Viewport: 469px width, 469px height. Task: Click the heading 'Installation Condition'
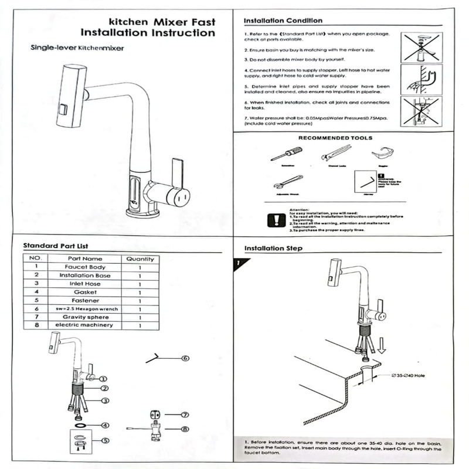[x=283, y=21]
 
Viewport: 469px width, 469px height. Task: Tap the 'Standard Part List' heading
[x=55, y=246]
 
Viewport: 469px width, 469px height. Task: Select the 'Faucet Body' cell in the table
[x=84, y=267]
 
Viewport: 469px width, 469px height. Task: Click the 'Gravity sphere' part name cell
[x=84, y=317]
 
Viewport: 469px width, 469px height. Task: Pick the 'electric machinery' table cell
[x=84, y=325]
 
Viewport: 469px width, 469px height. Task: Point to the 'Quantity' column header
[x=140, y=259]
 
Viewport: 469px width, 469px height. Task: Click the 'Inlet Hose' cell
[x=84, y=283]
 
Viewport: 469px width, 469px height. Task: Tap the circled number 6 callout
[x=185, y=358]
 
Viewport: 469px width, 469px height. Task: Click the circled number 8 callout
[x=185, y=429]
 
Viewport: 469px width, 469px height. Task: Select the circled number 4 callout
[x=104, y=425]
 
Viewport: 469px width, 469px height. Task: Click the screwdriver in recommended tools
[x=286, y=154]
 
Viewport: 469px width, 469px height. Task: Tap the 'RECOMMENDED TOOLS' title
[x=335, y=138]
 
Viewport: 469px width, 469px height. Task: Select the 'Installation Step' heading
[x=273, y=248]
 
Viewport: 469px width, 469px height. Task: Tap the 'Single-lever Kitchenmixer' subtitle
[x=77, y=47]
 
